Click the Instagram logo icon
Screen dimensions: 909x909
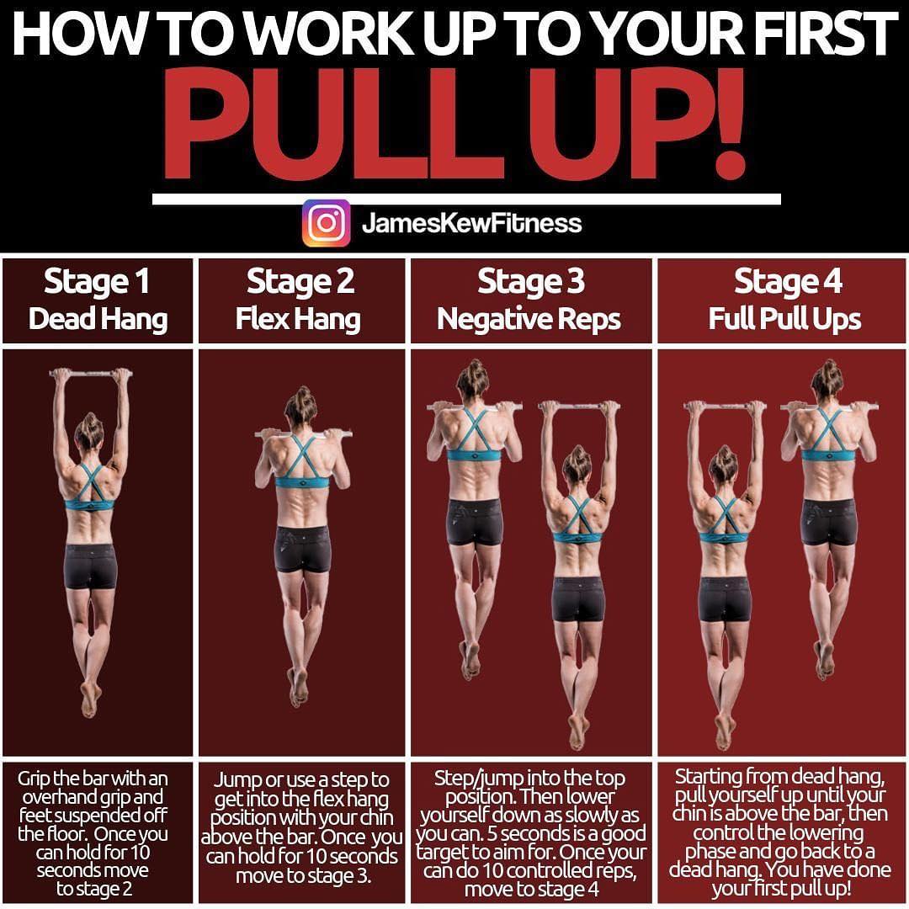click(x=326, y=223)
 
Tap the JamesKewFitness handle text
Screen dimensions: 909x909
click(x=471, y=223)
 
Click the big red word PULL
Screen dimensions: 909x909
click(x=334, y=124)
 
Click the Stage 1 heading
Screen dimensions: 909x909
click(x=97, y=283)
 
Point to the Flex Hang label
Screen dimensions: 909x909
click(x=298, y=320)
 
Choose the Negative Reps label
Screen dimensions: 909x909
click(x=529, y=320)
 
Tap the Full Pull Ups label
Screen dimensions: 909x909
click(x=784, y=320)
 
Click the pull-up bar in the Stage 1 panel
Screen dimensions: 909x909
click(x=91, y=372)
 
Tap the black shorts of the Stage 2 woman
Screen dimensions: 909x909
click(x=303, y=549)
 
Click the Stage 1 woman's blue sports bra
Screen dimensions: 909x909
click(x=89, y=491)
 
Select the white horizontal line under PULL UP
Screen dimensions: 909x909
click(x=466, y=199)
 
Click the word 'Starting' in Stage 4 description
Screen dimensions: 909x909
click(x=709, y=776)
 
